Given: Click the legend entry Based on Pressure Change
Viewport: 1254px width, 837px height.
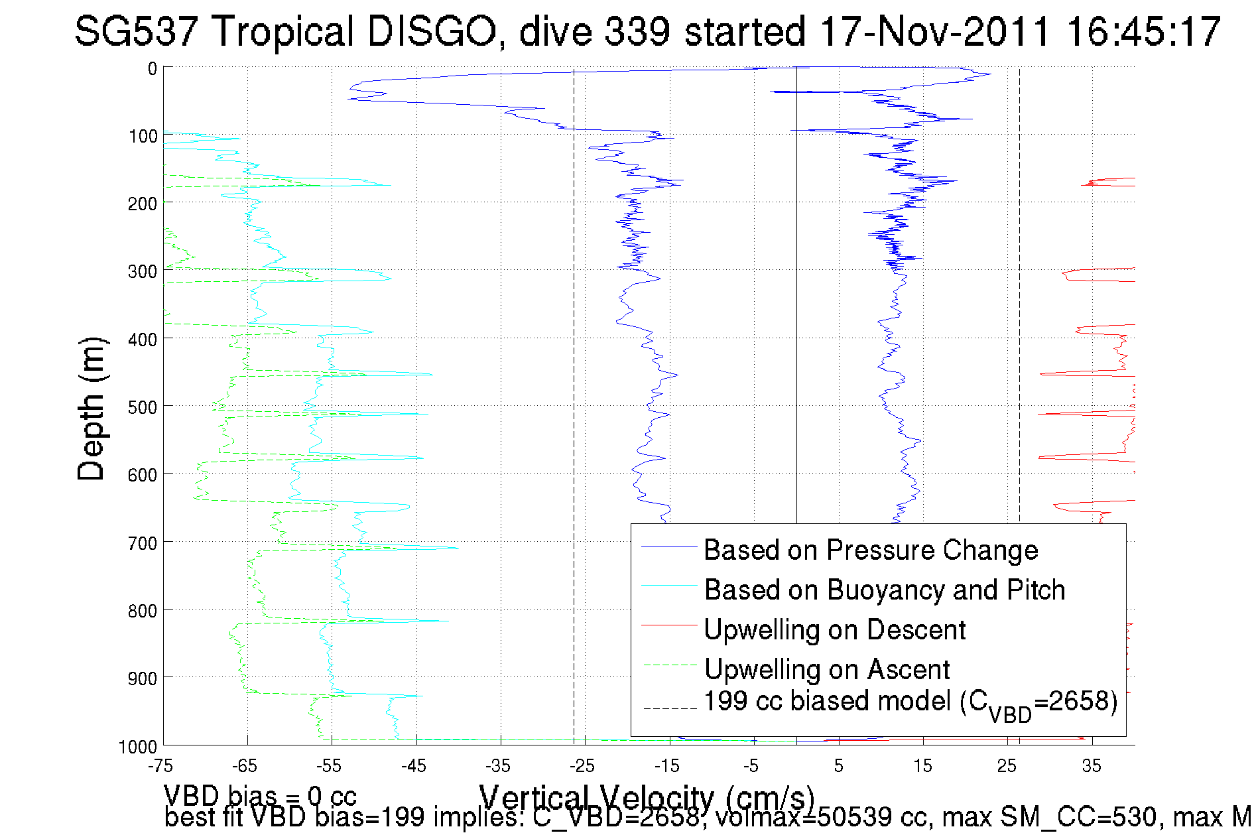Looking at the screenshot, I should click(870, 550).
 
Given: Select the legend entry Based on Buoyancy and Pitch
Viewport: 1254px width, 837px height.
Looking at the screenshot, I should click(884, 590).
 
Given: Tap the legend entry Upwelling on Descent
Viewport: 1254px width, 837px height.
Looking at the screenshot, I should click(834, 629).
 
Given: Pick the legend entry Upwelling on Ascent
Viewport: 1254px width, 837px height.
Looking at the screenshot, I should click(826, 669).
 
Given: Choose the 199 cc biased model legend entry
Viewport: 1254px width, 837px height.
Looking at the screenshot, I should click(910, 703).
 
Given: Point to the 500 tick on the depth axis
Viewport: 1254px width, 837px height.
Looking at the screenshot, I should click(143, 407).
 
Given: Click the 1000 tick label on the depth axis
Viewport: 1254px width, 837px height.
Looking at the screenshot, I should click(138, 747).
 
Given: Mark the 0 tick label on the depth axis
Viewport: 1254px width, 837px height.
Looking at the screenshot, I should click(153, 68).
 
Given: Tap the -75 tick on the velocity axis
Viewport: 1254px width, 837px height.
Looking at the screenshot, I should click(160, 766).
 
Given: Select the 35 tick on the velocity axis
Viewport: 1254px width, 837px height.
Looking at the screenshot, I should click(1092, 766).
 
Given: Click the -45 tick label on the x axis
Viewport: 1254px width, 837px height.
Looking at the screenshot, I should click(414, 766).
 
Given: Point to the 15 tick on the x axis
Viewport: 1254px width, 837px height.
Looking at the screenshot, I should click(922, 766).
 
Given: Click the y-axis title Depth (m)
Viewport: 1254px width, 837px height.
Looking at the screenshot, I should click(91, 409).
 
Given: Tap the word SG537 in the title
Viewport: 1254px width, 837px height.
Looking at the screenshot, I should click(135, 31).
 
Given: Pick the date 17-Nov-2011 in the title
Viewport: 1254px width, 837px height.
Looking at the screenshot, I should click(935, 31).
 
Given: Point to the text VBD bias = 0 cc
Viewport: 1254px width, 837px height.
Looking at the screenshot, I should click(260, 795).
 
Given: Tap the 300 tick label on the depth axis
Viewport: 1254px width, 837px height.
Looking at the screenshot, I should click(143, 272).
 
